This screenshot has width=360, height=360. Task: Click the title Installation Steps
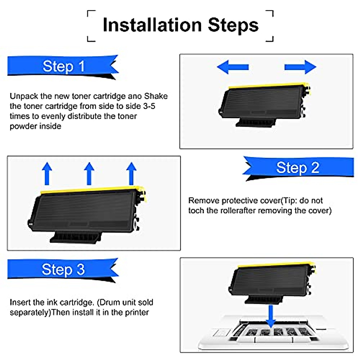180,25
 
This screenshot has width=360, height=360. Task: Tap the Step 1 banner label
64,66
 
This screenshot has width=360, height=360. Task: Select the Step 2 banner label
298,167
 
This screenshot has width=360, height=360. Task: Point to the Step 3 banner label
63,269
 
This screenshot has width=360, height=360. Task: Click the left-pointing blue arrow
232,67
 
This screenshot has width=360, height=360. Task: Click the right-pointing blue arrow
300,67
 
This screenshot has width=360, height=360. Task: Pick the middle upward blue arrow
89,173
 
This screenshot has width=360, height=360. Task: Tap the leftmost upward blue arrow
47,173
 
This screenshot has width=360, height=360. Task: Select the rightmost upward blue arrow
131,173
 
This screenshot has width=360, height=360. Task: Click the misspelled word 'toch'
196,211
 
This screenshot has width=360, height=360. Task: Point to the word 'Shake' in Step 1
156,96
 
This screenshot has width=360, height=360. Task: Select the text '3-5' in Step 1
149,106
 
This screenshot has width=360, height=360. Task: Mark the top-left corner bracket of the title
91,14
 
